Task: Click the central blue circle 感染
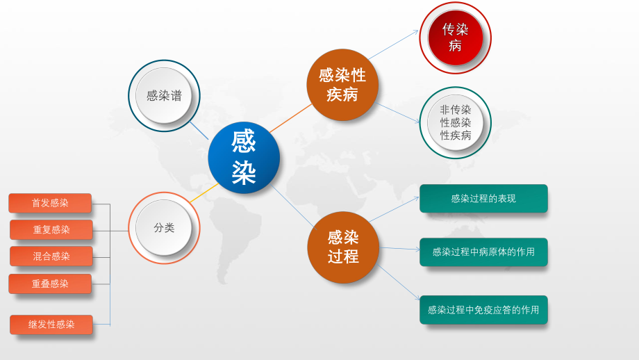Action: click(244, 158)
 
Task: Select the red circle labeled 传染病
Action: click(455, 38)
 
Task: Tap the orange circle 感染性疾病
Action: click(342, 85)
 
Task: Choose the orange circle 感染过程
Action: click(343, 247)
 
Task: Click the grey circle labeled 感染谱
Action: click(164, 96)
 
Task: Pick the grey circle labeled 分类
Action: click(164, 227)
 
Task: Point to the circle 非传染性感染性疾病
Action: click(455, 122)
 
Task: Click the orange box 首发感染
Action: click(50, 203)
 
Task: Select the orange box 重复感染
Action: click(51, 229)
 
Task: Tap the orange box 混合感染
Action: click(51, 256)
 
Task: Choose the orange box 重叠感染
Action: click(50, 284)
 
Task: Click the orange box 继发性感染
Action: click(51, 324)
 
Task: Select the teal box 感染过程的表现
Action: click(483, 198)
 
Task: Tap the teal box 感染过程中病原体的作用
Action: click(483, 252)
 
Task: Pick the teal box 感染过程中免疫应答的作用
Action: click(483, 310)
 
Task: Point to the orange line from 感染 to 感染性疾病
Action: click(290, 117)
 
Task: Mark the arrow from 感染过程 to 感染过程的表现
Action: click(395, 209)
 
